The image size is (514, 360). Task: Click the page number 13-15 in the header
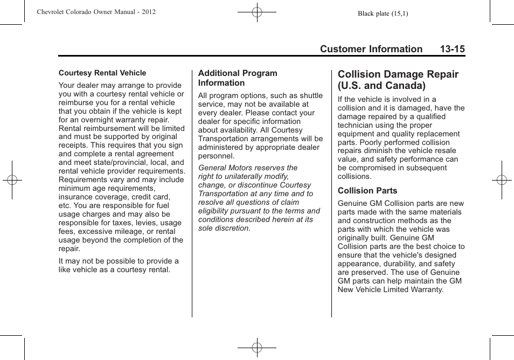(x=452, y=49)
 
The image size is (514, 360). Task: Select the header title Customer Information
(x=371, y=49)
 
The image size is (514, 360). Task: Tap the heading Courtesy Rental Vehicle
(x=102, y=73)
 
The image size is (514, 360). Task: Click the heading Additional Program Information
(x=238, y=78)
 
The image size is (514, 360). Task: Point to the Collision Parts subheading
(x=367, y=191)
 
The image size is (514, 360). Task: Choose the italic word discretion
(x=233, y=228)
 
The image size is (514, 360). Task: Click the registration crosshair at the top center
(x=257, y=12)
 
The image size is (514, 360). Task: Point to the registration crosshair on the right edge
(x=501, y=180)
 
